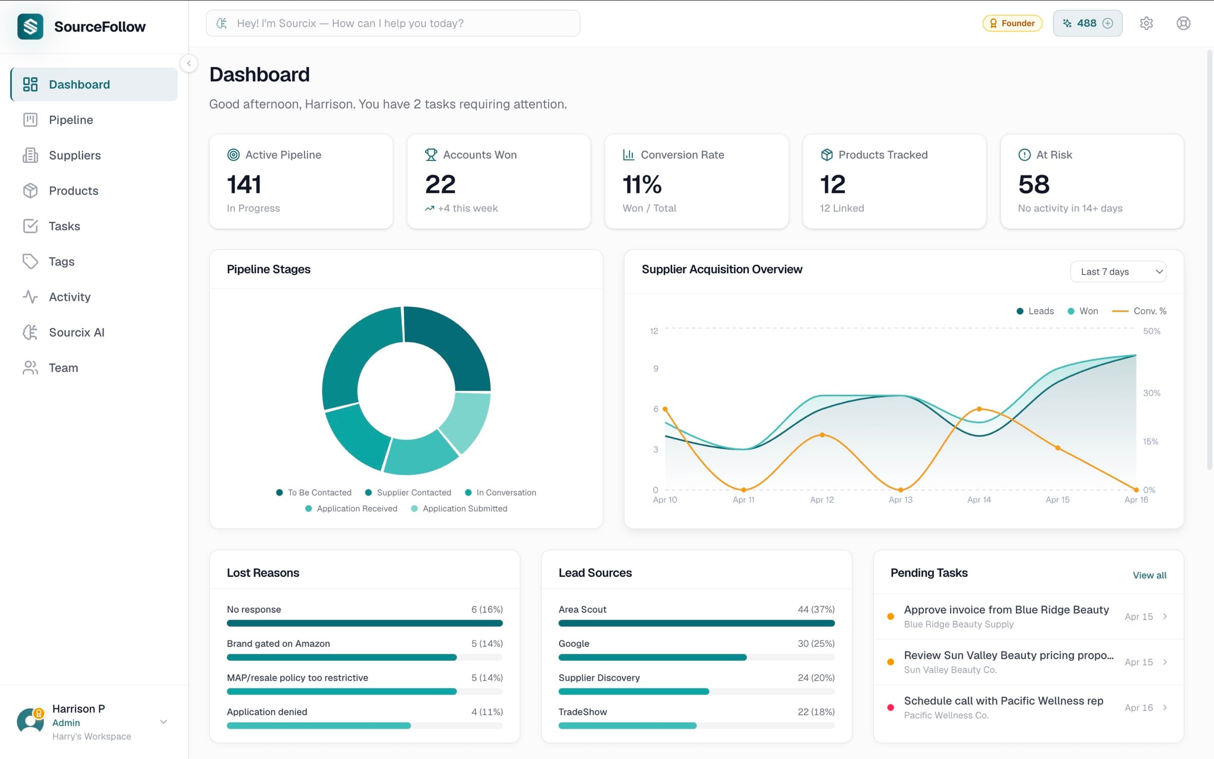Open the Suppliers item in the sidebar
pos(74,155)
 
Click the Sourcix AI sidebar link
pos(76,332)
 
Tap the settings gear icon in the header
pos(1146,23)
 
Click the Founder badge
pos(1012,23)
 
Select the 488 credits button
pos(1087,23)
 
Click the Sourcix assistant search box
pos(393,23)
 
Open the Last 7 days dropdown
pos(1118,272)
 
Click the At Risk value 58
pos(1033,184)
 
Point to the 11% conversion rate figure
pos(641,184)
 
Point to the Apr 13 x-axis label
pos(900,500)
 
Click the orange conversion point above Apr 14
pos(979,409)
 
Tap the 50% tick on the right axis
pos(1151,331)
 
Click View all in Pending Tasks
pos(1149,575)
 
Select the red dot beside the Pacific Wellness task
pos(890,708)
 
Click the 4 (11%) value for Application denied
pos(487,712)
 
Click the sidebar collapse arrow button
pos(189,63)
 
